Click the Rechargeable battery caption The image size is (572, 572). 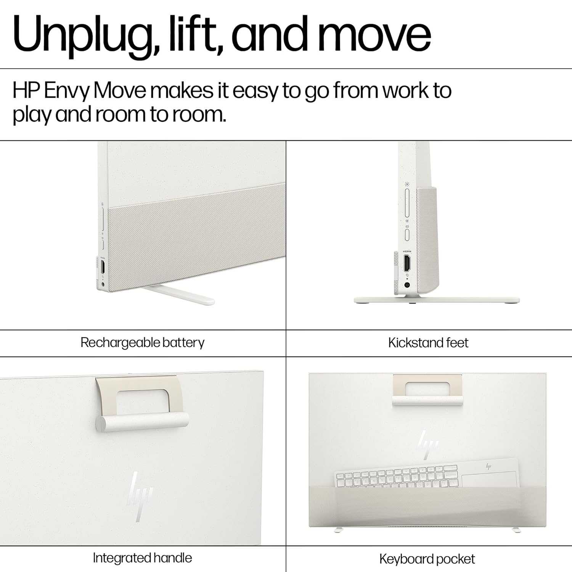(x=142, y=343)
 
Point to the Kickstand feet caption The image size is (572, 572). (x=428, y=343)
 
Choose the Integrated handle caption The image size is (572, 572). (x=142, y=558)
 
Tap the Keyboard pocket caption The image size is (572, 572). (x=427, y=559)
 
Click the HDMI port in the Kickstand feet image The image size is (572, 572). (x=407, y=263)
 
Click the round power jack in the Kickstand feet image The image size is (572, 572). (x=407, y=284)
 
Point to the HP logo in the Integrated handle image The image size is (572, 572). (x=139, y=496)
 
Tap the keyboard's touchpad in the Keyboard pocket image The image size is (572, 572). (x=489, y=480)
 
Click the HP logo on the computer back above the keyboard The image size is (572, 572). (x=428, y=444)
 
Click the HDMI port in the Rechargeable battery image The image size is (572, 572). (x=103, y=267)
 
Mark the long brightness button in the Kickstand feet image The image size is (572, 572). (x=407, y=202)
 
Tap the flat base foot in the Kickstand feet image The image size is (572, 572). (x=437, y=300)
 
